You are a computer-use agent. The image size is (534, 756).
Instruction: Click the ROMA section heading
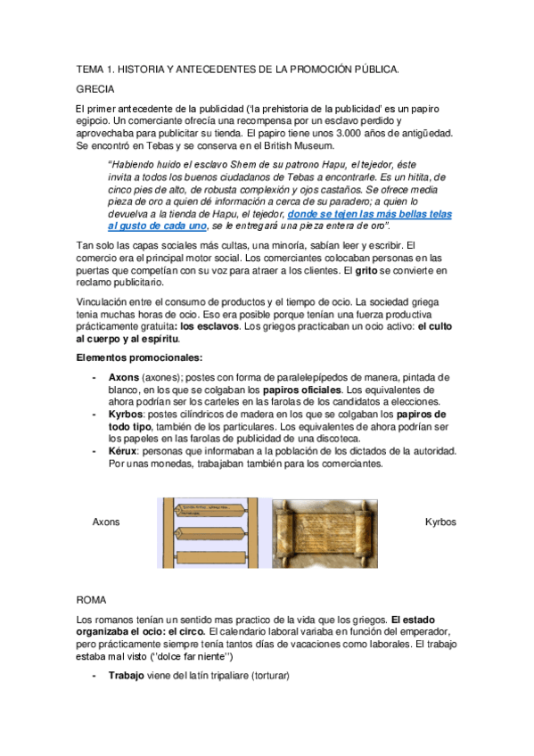pos(91,600)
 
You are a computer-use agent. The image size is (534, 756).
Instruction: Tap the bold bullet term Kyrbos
pos(127,415)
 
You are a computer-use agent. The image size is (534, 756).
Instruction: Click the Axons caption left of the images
pos(106,522)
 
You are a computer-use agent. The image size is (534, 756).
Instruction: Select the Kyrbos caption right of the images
pos(440,522)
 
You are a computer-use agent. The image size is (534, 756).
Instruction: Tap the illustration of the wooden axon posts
pos(213,532)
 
